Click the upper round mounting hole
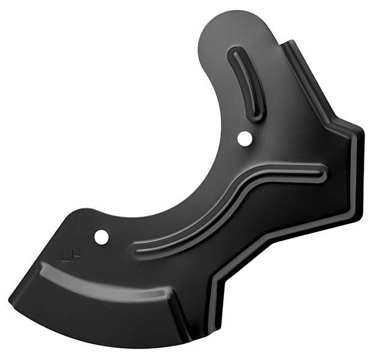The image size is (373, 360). (x=245, y=139)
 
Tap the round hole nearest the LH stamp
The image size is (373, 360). (x=102, y=237)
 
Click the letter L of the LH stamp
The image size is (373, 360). (x=65, y=257)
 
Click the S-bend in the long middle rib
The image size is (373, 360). (x=245, y=188)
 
